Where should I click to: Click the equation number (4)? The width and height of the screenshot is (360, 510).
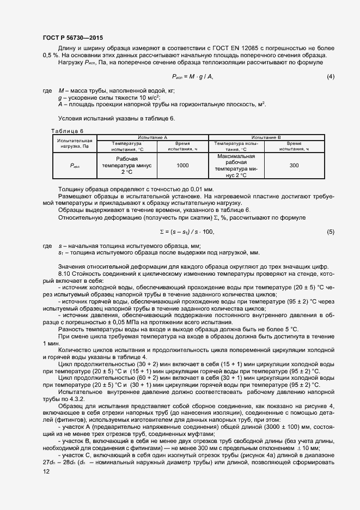[330, 76]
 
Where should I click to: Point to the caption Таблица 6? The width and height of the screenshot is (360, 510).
[68, 131]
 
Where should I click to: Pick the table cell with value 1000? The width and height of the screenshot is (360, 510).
[182, 165]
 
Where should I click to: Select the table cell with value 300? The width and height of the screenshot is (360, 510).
[294, 165]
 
